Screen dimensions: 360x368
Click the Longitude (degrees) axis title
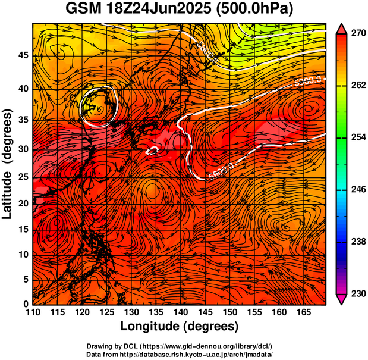(179, 327)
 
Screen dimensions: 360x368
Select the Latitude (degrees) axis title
(8, 164)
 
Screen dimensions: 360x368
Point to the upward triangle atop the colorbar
(342, 28)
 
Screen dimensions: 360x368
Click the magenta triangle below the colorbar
(342, 299)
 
